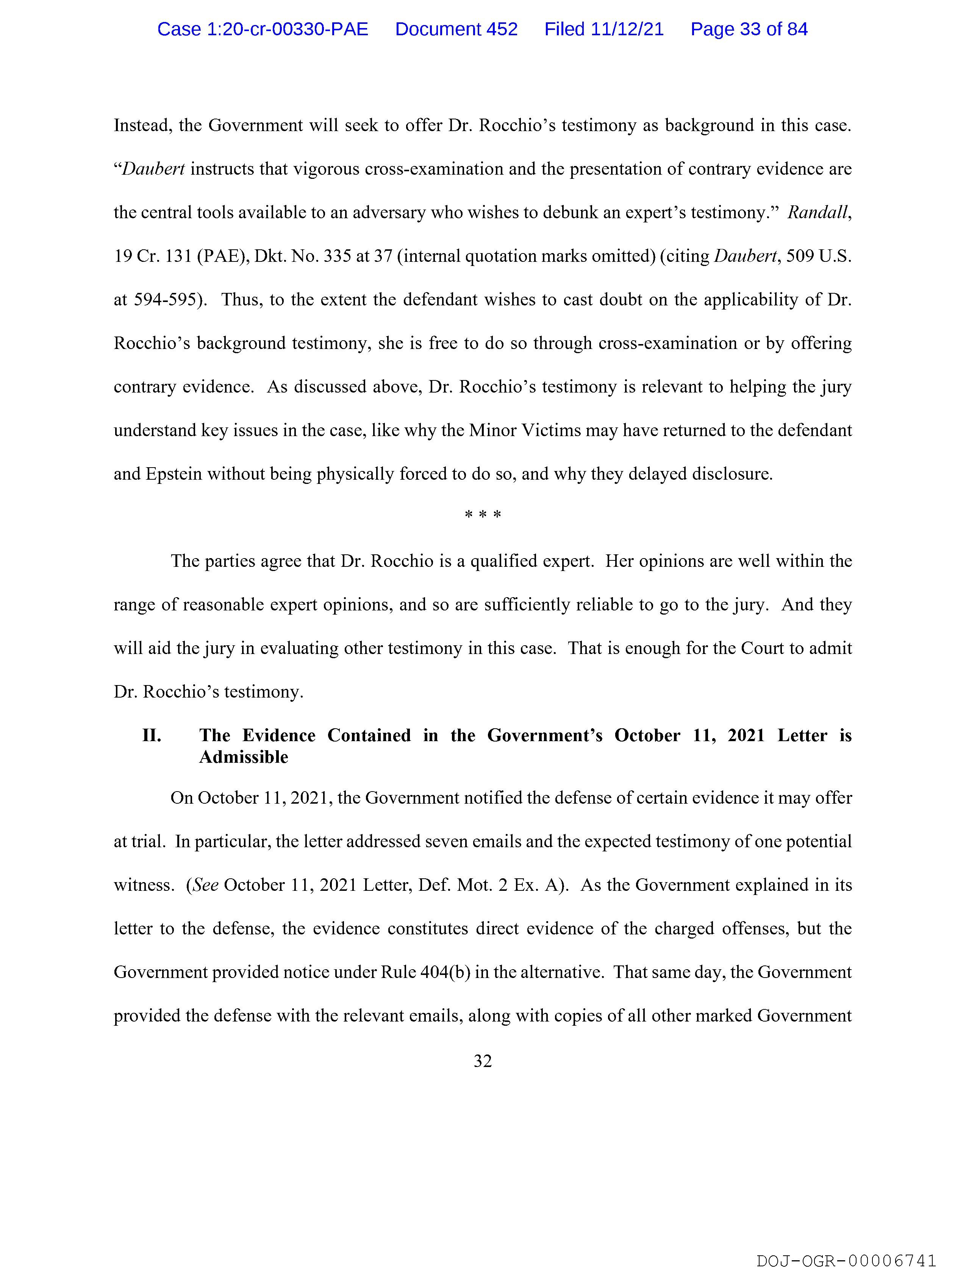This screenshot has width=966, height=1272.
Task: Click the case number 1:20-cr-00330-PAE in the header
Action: coord(263,29)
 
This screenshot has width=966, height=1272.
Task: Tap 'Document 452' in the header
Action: coord(456,29)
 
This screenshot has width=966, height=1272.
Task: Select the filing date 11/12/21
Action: coord(627,29)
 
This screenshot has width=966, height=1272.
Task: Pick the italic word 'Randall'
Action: coord(817,213)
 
